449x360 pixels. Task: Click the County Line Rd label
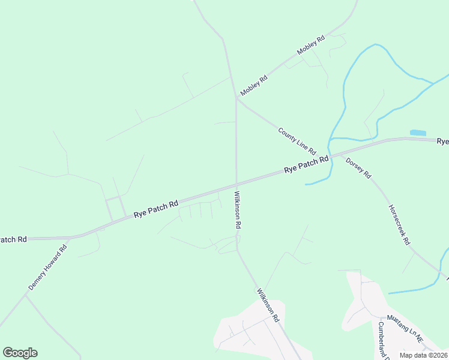point(297,141)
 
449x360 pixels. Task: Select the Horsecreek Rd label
point(399,225)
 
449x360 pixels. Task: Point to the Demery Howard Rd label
point(47,267)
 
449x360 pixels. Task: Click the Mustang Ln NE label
point(405,328)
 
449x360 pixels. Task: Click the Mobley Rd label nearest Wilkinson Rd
point(253,86)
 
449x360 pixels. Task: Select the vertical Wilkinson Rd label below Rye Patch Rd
point(237,209)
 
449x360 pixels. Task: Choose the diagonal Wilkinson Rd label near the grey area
point(268,305)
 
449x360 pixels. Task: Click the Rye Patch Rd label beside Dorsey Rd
point(306,164)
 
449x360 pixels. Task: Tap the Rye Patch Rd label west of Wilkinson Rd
point(156,208)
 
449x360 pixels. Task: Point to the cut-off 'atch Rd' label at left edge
point(13,239)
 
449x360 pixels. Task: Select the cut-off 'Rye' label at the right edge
point(442,142)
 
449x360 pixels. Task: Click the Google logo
point(20,353)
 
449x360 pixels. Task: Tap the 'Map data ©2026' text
point(423,355)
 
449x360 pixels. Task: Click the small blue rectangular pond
point(418,133)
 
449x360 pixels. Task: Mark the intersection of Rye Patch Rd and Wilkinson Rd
point(237,184)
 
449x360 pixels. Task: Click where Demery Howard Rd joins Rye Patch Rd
point(70,238)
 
